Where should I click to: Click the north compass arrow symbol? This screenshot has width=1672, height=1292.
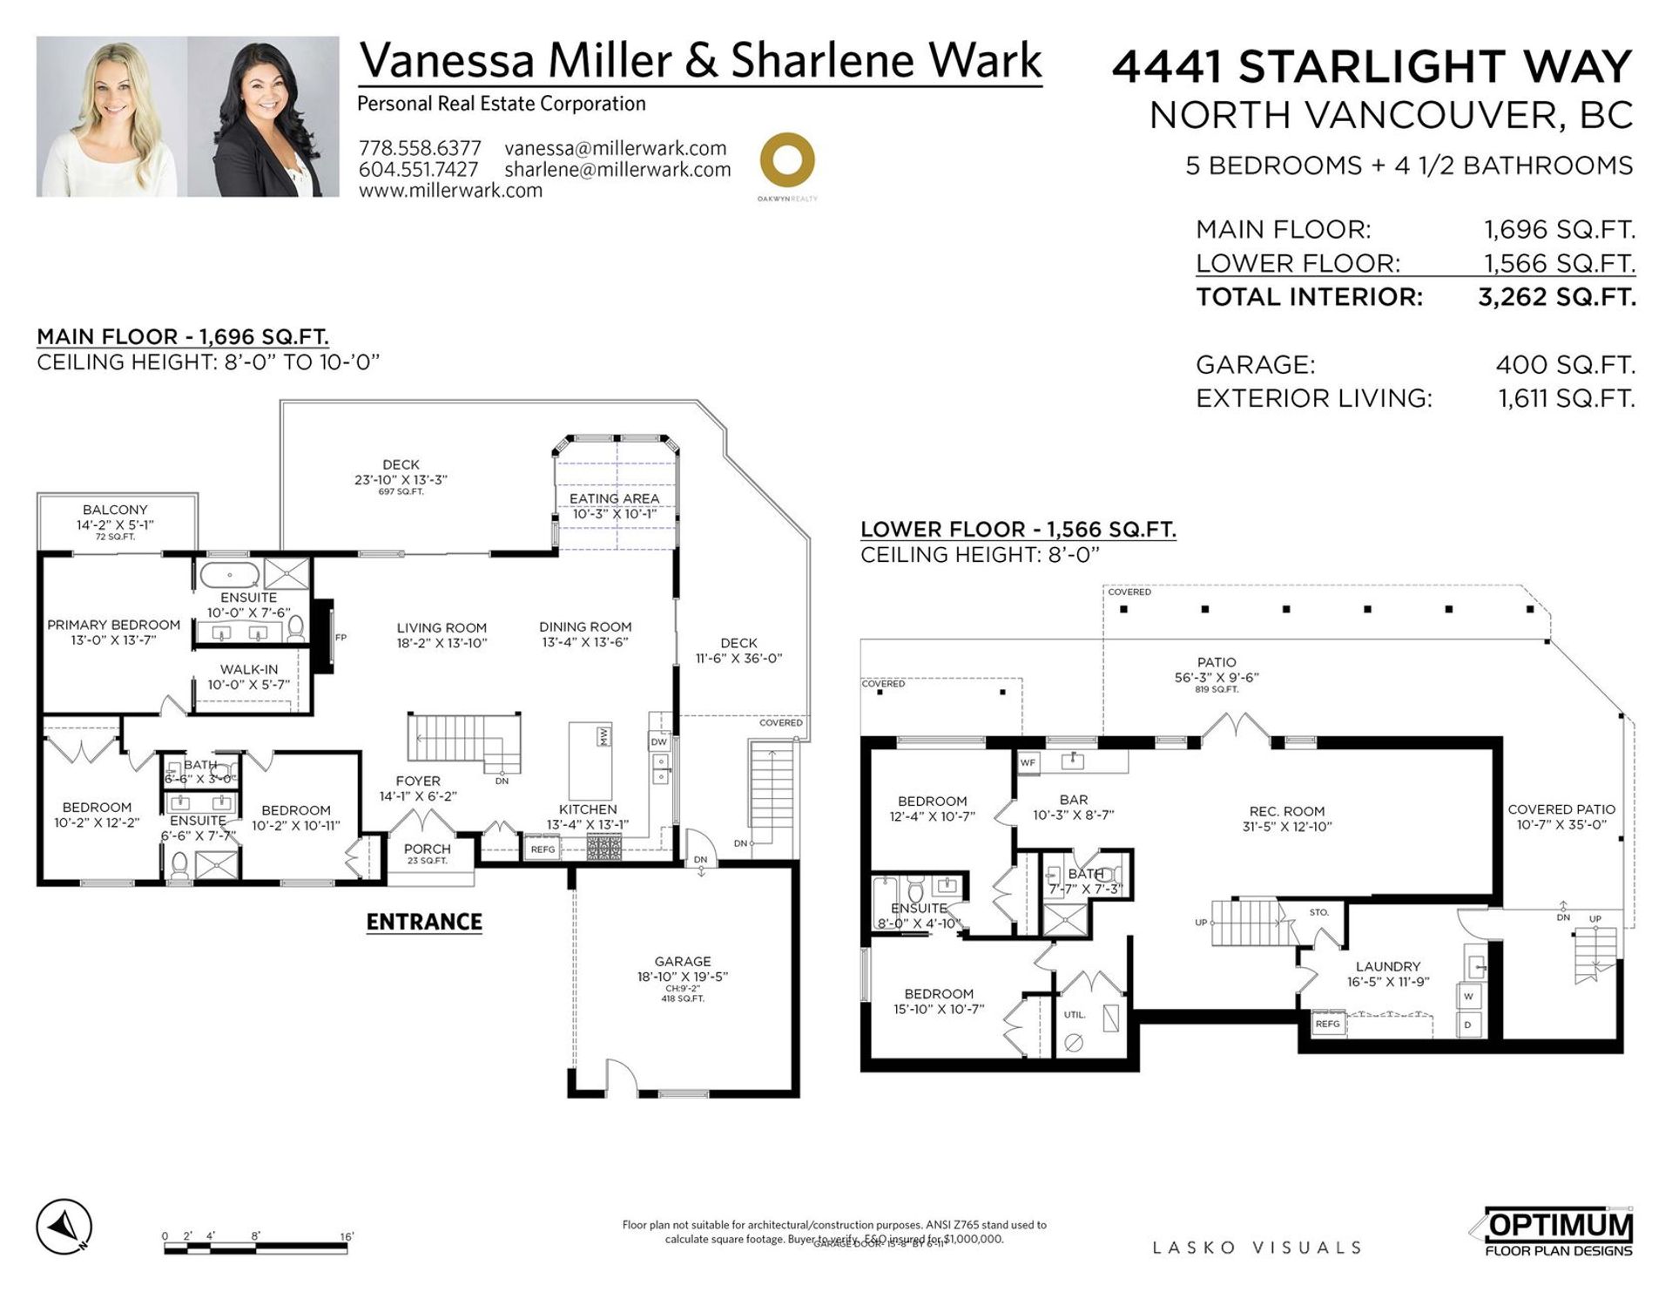[x=64, y=1227]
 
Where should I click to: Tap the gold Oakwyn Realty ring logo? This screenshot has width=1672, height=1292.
[x=787, y=160]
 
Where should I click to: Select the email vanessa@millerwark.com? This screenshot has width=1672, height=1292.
[x=615, y=148]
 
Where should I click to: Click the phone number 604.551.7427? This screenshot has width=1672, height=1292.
[x=418, y=170]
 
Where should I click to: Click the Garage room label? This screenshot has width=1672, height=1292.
[x=683, y=961]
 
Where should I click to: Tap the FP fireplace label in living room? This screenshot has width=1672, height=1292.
[x=340, y=638]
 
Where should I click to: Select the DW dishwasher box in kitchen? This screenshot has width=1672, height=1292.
[x=658, y=742]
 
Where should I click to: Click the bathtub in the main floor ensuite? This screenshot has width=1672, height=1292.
[x=229, y=575]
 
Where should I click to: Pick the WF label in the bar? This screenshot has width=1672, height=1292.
[x=1028, y=762]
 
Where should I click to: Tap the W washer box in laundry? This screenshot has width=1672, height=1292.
[x=1468, y=996]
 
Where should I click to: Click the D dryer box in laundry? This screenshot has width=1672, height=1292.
[x=1468, y=1025]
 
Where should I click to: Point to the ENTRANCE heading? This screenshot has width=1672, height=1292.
[x=424, y=922]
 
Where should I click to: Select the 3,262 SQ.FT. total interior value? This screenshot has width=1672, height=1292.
[x=1556, y=297]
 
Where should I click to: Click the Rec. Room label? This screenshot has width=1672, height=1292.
[x=1286, y=811]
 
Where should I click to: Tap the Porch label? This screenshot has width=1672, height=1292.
[x=428, y=849]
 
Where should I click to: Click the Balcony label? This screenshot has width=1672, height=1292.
[x=115, y=510]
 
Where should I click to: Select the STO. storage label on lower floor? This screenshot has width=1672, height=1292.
[x=1318, y=912]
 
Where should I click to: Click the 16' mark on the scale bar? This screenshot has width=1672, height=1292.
[x=347, y=1236]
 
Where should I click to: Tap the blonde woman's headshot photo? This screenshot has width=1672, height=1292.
[x=111, y=116]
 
